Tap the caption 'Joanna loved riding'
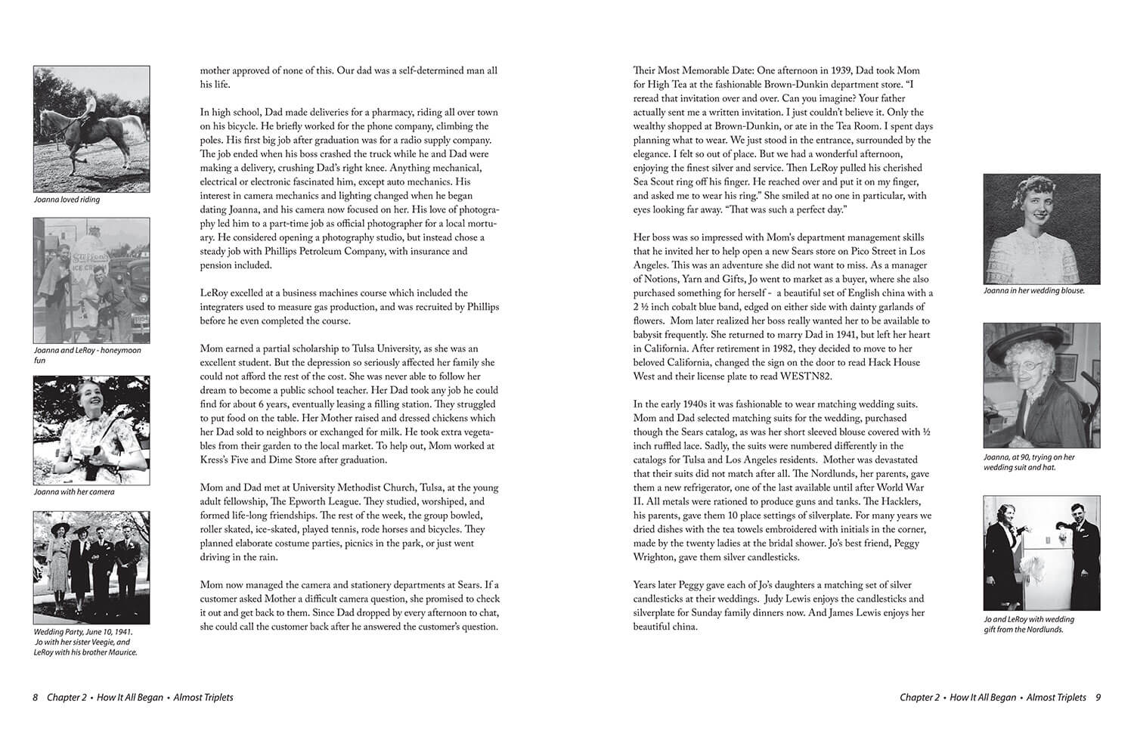point(67,200)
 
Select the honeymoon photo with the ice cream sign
point(91,280)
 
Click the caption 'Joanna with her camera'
point(74,492)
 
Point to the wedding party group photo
point(91,567)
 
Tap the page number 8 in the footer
point(36,698)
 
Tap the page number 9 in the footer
point(1098,698)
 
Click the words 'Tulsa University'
point(389,348)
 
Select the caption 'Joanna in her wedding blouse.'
point(1033,291)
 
